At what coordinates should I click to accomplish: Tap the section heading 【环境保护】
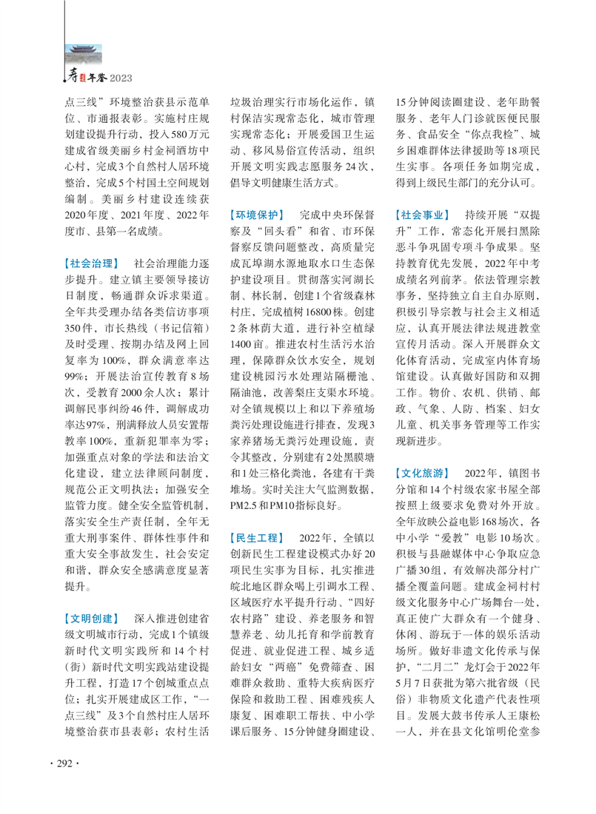pyautogui.click(x=256, y=215)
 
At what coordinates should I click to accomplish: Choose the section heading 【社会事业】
pyautogui.click(x=423, y=215)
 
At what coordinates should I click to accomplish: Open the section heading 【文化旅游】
pyautogui.click(x=423, y=471)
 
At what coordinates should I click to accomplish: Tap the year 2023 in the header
pyautogui.click(x=121, y=77)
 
